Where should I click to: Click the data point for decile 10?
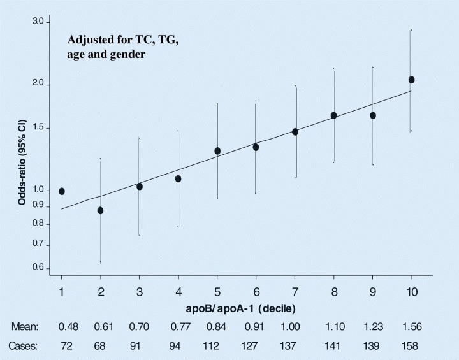[x=411, y=80]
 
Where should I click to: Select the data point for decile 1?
[x=62, y=191]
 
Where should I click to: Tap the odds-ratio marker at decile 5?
[x=217, y=151]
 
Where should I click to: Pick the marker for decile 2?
[x=100, y=210]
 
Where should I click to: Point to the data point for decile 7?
[x=295, y=132]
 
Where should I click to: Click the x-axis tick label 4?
[x=178, y=292]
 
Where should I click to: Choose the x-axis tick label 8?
[x=334, y=292]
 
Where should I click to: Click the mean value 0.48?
[x=68, y=326]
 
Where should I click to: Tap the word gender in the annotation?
[x=129, y=55]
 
